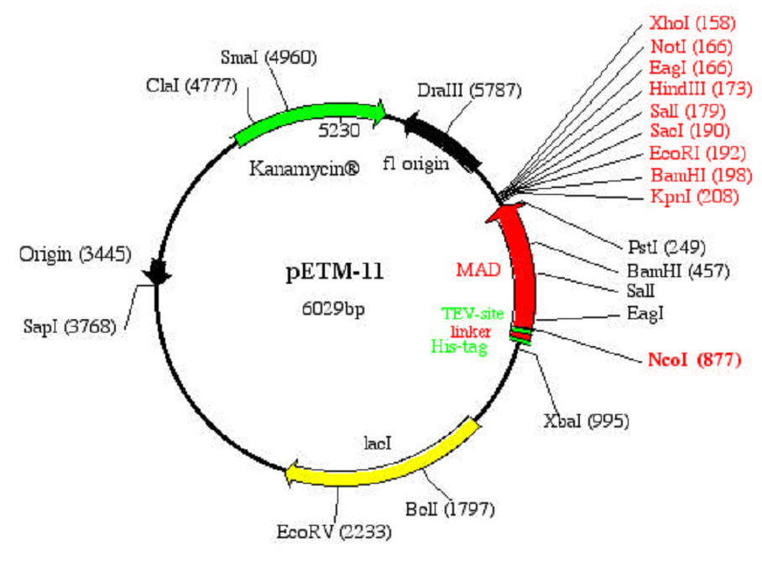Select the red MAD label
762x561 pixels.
pyautogui.click(x=478, y=270)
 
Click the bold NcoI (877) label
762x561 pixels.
pyautogui.click(x=694, y=360)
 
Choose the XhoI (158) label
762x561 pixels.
pyautogui.click(x=692, y=24)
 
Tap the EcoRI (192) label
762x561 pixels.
pyautogui.click(x=692, y=153)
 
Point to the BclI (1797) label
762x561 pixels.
pyautogui.click(x=450, y=508)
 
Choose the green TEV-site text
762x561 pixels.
pyautogui.click(x=472, y=314)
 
